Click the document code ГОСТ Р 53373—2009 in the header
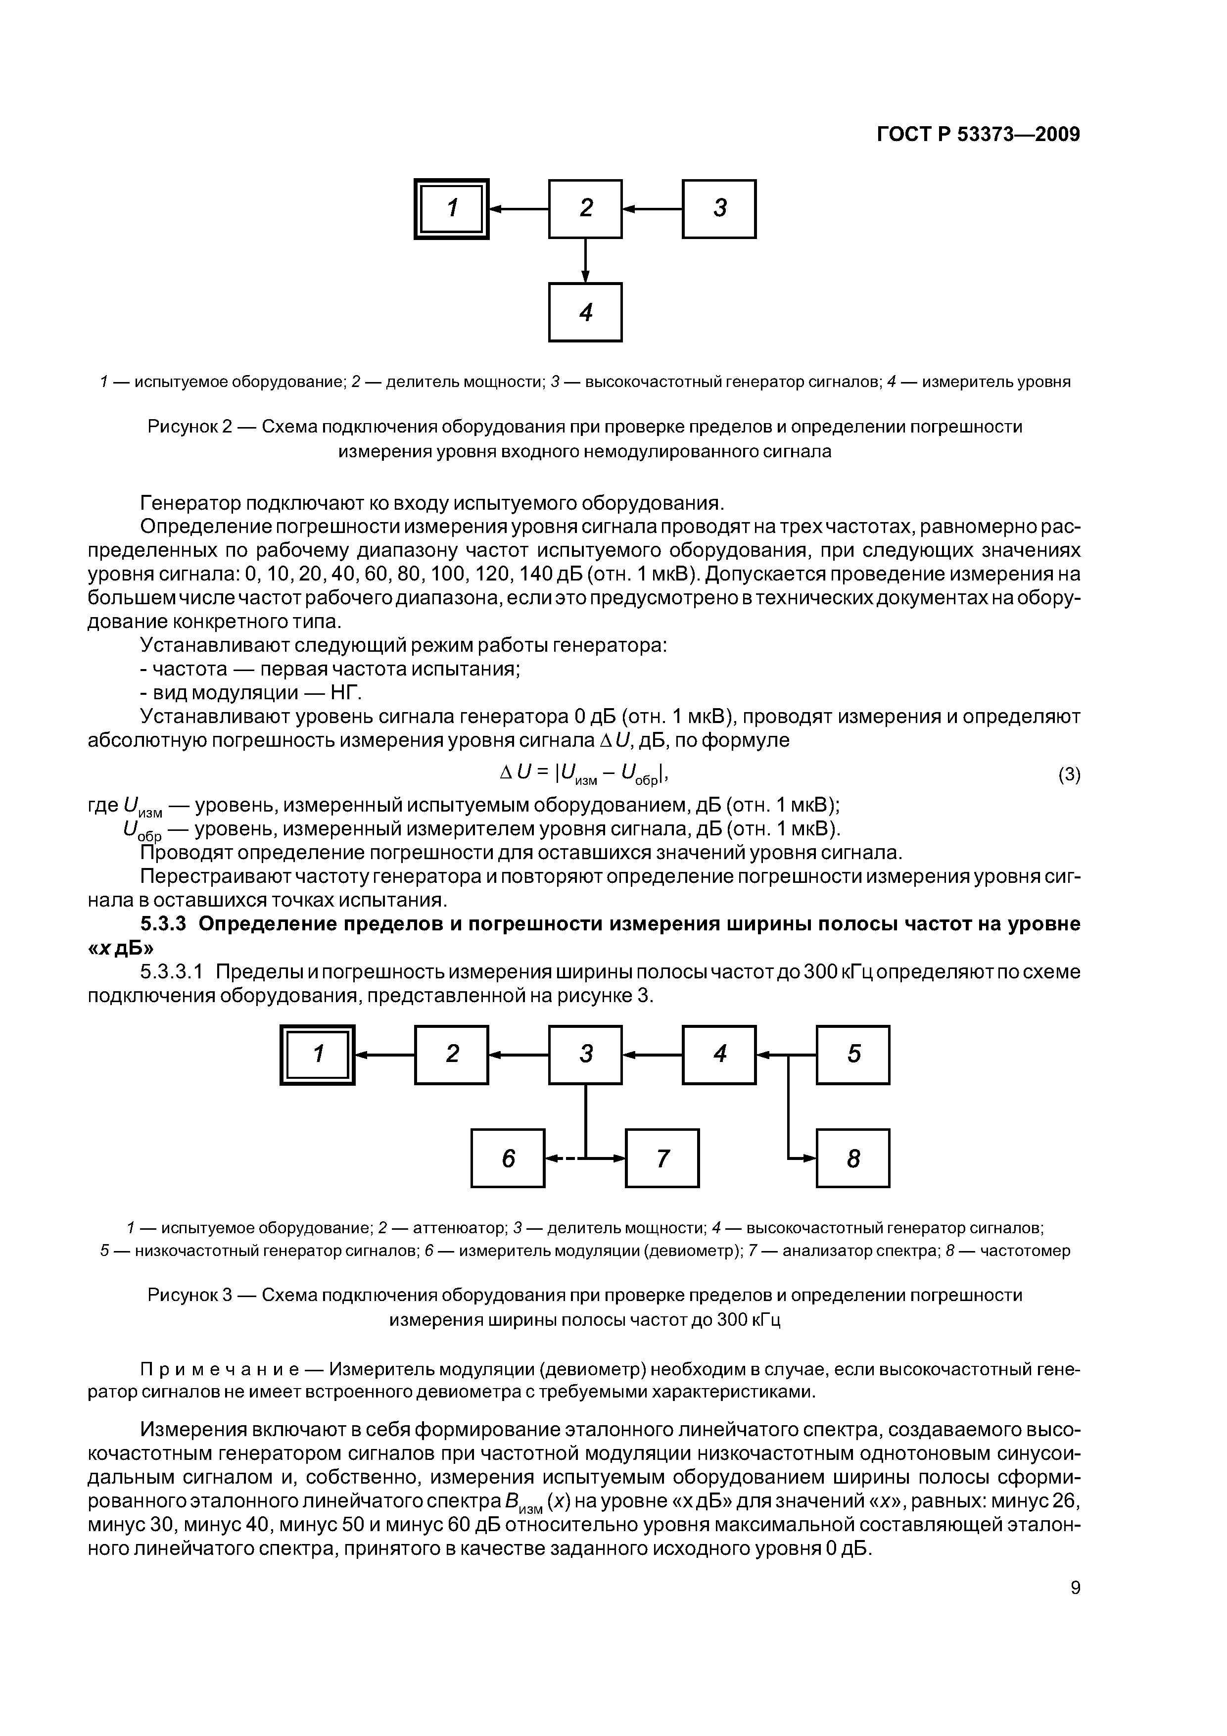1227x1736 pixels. point(978,135)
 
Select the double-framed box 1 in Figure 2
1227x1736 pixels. point(451,209)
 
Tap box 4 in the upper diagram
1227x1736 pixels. point(585,312)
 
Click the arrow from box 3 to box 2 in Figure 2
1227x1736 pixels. point(652,209)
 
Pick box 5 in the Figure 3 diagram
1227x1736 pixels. point(853,1055)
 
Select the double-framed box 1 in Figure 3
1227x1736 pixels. point(318,1055)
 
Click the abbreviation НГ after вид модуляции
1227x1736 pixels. point(348,693)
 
